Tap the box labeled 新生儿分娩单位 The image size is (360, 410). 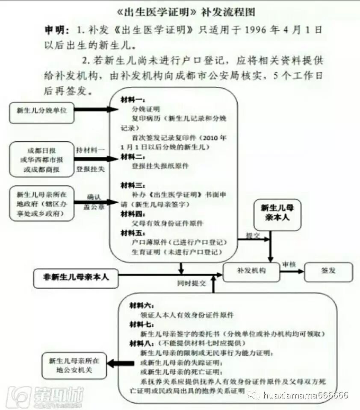[42, 110]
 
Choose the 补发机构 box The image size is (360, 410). [251, 271]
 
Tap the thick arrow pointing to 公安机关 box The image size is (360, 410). [120, 364]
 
